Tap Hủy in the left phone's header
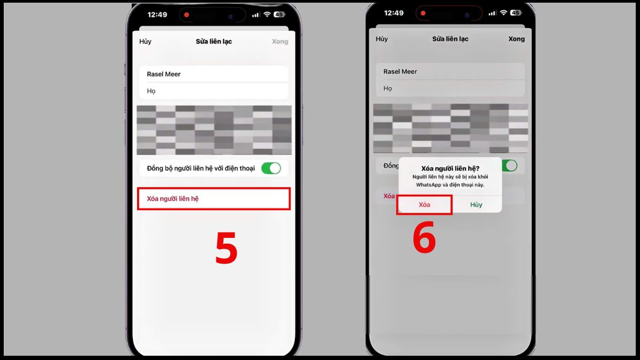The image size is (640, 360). pos(145,42)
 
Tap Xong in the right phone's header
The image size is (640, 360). pos(516,39)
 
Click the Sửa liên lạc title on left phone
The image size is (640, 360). pos(213,42)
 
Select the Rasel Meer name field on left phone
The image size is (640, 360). pos(213,74)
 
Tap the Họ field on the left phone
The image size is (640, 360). pos(213,91)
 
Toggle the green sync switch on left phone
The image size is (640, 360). pos(271,169)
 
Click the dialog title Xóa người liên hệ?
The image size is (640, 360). pos(450,169)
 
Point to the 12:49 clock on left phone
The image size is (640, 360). pos(157,14)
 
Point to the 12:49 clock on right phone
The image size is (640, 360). pos(394,13)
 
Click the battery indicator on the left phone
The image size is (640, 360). pos(279,14)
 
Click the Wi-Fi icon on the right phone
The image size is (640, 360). pos(503,13)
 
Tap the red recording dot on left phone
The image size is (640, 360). pos(186,14)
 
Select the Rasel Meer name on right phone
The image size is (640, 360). pos(400,71)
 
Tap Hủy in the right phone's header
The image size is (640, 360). pos(381,39)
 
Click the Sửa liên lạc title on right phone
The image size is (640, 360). pos(450,39)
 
